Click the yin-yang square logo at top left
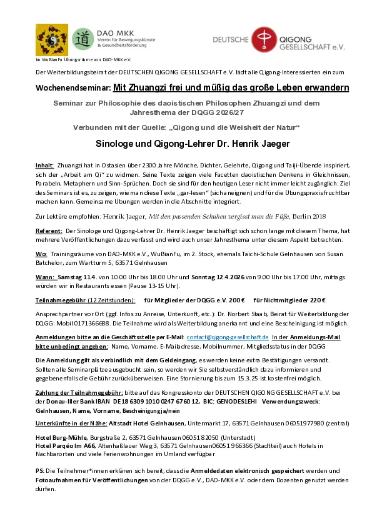(52, 40)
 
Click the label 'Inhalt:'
(45, 166)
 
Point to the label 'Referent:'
(49, 231)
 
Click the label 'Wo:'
(41, 255)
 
